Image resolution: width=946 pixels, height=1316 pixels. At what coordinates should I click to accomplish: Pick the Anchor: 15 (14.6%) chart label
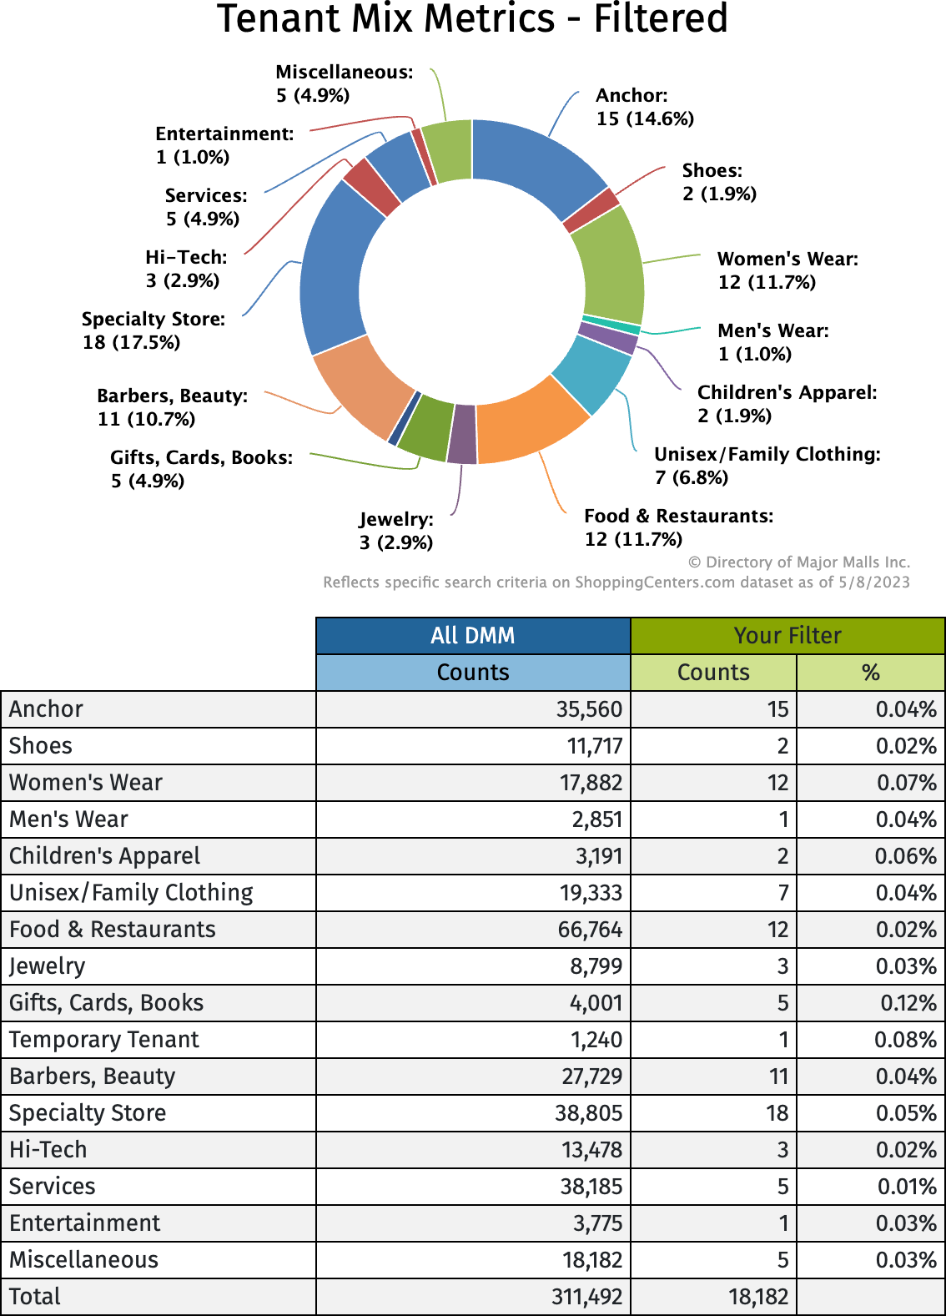tap(644, 107)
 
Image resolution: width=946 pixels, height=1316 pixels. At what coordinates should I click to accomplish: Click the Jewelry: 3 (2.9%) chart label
tap(395, 531)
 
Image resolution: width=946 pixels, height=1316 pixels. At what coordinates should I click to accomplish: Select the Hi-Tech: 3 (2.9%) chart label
tap(185, 269)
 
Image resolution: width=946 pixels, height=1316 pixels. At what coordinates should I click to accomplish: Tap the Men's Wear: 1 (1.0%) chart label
tap(772, 342)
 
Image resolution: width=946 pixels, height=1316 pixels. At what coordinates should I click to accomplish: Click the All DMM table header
tap(473, 636)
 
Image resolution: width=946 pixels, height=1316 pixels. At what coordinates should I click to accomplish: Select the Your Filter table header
tap(787, 636)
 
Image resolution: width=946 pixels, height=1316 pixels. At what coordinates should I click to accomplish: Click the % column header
tap(871, 673)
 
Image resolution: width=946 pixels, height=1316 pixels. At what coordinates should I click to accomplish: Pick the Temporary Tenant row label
tap(104, 1040)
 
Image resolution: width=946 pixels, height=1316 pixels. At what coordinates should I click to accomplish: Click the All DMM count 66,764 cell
tap(590, 930)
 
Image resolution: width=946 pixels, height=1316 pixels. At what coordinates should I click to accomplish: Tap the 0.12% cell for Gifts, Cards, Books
tap(908, 1003)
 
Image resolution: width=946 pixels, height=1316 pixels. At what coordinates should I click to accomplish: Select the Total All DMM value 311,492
tap(586, 1297)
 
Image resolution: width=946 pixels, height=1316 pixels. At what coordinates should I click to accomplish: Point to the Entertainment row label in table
tap(84, 1223)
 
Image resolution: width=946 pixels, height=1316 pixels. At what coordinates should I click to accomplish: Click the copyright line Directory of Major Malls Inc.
tap(798, 562)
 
